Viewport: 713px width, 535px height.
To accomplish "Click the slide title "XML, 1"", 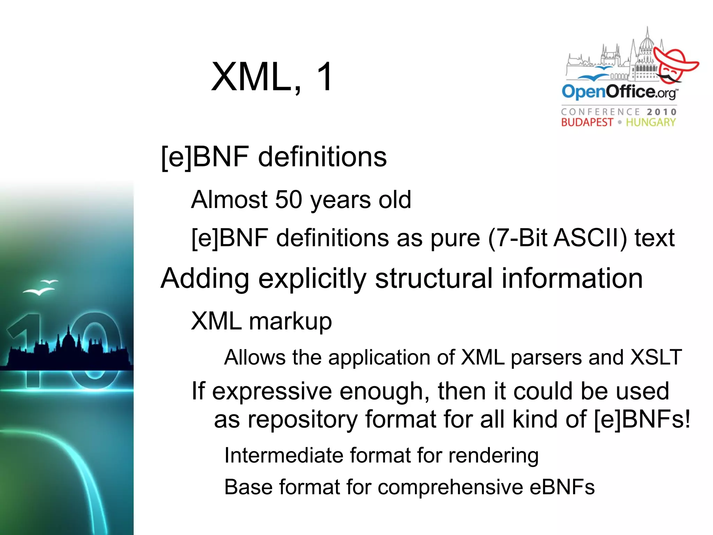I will pos(272,77).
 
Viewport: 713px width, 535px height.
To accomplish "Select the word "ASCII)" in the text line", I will pos(590,238).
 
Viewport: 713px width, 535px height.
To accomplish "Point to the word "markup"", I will pos(290,321).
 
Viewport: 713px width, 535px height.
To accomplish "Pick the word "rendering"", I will pos(493,456).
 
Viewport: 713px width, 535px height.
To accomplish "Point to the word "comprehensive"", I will pos(450,487).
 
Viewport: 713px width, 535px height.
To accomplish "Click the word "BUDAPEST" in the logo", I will pos(587,122).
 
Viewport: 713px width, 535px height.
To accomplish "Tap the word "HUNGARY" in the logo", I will pos(651,122).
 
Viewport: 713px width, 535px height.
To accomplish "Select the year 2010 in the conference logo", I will pos(661,112).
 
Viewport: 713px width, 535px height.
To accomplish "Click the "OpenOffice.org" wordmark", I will pos(619,92).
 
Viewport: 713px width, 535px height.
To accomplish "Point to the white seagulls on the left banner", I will pos(41,287).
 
